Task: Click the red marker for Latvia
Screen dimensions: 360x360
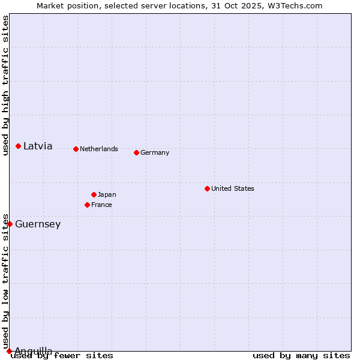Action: point(19,146)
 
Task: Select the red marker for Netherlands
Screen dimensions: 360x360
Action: point(76,149)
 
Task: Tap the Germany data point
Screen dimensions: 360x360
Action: point(136,152)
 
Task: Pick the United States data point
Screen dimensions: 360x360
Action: point(207,188)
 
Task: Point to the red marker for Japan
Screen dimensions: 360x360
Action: point(94,194)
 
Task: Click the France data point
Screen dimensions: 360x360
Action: point(88,205)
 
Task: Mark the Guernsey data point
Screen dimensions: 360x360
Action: point(10,224)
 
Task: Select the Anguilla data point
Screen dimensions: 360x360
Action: point(9,351)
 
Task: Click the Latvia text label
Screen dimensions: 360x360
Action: point(38,146)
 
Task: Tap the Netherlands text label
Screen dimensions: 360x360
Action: point(99,149)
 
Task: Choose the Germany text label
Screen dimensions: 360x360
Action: point(155,152)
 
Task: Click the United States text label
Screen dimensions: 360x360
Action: point(233,188)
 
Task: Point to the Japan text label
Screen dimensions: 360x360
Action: point(107,194)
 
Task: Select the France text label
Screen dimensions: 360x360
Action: point(101,205)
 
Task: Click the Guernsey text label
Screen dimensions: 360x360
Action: point(38,224)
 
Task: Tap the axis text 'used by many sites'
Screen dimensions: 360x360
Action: point(301,355)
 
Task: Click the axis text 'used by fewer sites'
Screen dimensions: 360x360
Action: point(62,355)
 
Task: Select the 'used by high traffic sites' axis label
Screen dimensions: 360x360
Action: point(5,85)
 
